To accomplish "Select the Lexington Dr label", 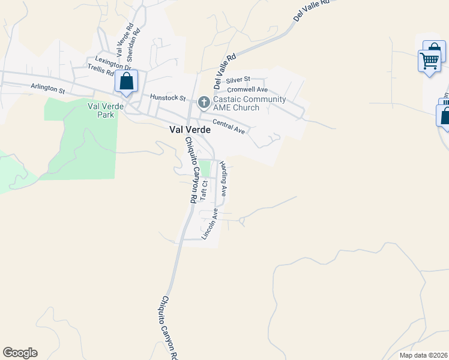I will click(x=109, y=63).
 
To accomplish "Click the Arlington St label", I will click(x=48, y=89).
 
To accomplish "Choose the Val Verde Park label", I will click(x=101, y=110).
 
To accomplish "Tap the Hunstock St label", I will click(x=169, y=97).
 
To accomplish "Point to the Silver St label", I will click(x=238, y=80).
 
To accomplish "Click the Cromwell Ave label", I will click(x=247, y=89).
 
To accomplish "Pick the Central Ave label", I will click(x=229, y=127).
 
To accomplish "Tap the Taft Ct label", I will click(x=205, y=190).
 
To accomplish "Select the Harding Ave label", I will click(x=223, y=179).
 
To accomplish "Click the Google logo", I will click(x=20, y=353).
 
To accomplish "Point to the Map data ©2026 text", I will click(x=423, y=355).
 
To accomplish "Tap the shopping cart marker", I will click(x=429, y=60).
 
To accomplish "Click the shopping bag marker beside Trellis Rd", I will click(x=127, y=82).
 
